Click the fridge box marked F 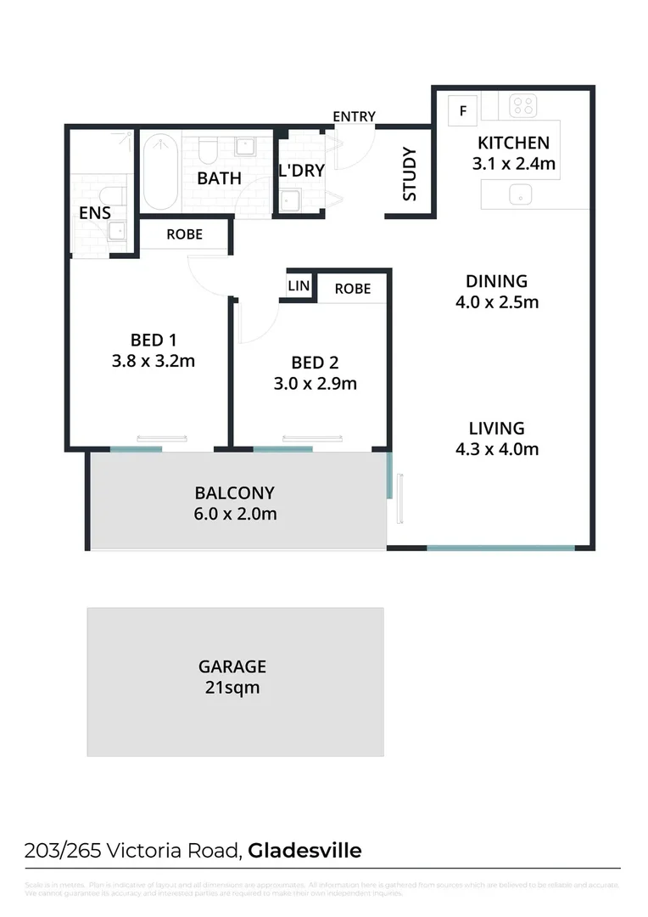pyautogui.click(x=463, y=110)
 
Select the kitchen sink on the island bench pyautogui.click(x=517, y=195)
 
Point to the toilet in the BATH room pyautogui.click(x=209, y=150)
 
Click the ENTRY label pyautogui.click(x=354, y=116)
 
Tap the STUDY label pyautogui.click(x=410, y=175)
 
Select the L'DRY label pyautogui.click(x=301, y=170)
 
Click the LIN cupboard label pyautogui.click(x=299, y=286)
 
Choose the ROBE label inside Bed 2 pyautogui.click(x=352, y=289)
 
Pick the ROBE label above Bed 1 pyautogui.click(x=184, y=233)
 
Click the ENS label pyautogui.click(x=95, y=213)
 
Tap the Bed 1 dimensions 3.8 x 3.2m pyautogui.click(x=154, y=361)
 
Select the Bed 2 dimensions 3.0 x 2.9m pyautogui.click(x=315, y=383)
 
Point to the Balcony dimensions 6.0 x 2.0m pyautogui.click(x=235, y=514)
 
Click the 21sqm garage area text pyautogui.click(x=232, y=688)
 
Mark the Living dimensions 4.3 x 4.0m pyautogui.click(x=496, y=449)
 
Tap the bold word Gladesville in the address pyautogui.click(x=305, y=850)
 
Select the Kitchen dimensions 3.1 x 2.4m pyautogui.click(x=513, y=164)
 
